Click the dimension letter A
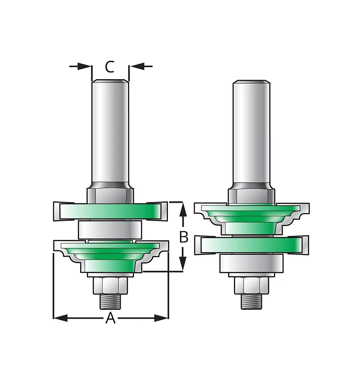click(x=111, y=318)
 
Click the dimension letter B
click(x=184, y=237)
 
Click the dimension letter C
click(x=110, y=67)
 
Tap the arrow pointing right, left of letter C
click(x=81, y=66)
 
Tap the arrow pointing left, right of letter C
click(x=141, y=66)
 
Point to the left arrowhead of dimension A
click(x=60, y=318)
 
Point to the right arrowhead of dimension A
click(x=161, y=318)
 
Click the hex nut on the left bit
click(x=110, y=285)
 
